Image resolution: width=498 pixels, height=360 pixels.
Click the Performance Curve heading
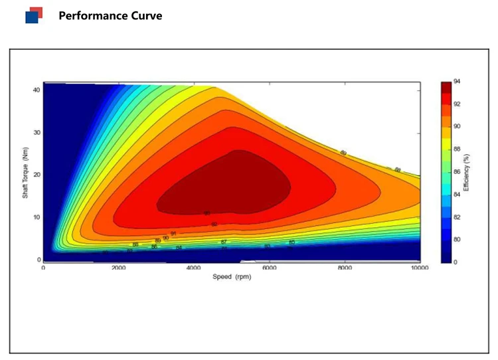click(x=110, y=15)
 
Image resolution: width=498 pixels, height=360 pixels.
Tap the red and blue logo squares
click(x=34, y=15)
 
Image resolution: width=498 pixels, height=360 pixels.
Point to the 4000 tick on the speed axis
click(x=194, y=268)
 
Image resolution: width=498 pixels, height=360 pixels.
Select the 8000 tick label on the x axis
click(x=345, y=268)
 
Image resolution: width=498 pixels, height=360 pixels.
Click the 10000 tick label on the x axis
click(x=420, y=268)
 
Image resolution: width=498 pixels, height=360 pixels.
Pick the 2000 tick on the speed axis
click(x=118, y=268)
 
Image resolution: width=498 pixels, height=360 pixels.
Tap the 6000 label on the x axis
click(x=269, y=268)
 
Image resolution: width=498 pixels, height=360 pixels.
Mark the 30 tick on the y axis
click(x=37, y=133)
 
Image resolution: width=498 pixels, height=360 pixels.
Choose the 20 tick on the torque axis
click(x=37, y=175)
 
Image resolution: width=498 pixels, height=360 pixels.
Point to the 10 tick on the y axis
click(x=37, y=217)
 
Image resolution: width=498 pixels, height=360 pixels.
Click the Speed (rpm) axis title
click(x=232, y=276)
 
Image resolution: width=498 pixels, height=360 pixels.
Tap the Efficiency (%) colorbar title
click(x=466, y=171)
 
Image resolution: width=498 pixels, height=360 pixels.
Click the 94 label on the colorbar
click(x=457, y=81)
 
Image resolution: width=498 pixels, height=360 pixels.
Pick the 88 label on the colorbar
click(x=457, y=149)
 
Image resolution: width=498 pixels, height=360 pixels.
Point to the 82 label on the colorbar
click(x=457, y=217)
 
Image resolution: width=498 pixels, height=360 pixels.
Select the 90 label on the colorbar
click(x=457, y=126)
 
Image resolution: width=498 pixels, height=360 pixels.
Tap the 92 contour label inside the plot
click(x=214, y=225)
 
